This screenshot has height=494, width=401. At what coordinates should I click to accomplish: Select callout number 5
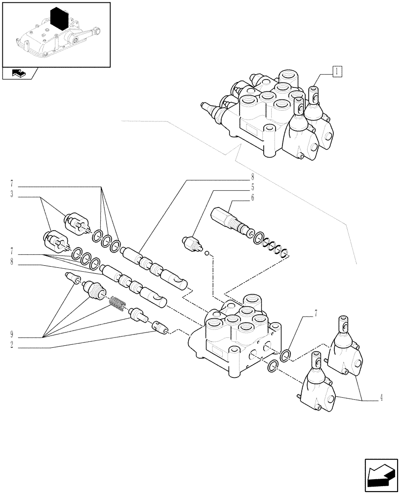pyautogui.click(x=252, y=187)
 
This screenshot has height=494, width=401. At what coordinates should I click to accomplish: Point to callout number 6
pyautogui.click(x=252, y=198)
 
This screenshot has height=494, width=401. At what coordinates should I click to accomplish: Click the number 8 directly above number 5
pyautogui.click(x=252, y=177)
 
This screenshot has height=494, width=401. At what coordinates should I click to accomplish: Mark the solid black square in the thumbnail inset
pyautogui.click(x=61, y=18)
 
